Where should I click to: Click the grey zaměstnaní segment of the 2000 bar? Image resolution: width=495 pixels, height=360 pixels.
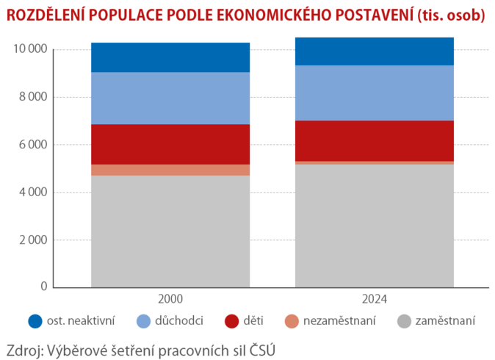(170, 231)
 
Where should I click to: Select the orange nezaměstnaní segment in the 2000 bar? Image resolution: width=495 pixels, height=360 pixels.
(170, 170)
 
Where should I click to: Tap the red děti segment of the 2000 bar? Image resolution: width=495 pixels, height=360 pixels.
(170, 144)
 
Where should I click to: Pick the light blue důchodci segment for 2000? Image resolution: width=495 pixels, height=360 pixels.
(170, 98)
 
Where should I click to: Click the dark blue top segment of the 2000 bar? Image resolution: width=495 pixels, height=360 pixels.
(170, 57)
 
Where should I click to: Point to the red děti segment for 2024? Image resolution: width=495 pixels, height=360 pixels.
(375, 140)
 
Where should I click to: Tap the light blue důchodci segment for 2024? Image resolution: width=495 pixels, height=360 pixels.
(375, 93)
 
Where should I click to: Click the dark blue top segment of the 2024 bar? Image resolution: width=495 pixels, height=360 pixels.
(375, 51)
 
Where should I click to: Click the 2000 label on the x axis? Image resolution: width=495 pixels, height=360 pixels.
(170, 299)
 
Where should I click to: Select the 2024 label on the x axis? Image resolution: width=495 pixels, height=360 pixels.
(375, 299)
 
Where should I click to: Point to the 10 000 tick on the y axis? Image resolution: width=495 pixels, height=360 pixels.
(30, 49)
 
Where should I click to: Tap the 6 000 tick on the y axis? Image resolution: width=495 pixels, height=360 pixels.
(33, 145)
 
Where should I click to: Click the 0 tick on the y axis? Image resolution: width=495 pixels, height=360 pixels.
(44, 287)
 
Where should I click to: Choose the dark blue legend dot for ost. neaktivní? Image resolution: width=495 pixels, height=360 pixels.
(35, 321)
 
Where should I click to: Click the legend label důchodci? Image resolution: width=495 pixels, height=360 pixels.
(179, 321)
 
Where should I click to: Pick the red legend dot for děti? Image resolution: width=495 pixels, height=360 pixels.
(232, 321)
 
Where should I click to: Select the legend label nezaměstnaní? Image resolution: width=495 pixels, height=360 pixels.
(339, 321)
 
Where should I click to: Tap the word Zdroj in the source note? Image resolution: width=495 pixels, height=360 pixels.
(23, 348)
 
